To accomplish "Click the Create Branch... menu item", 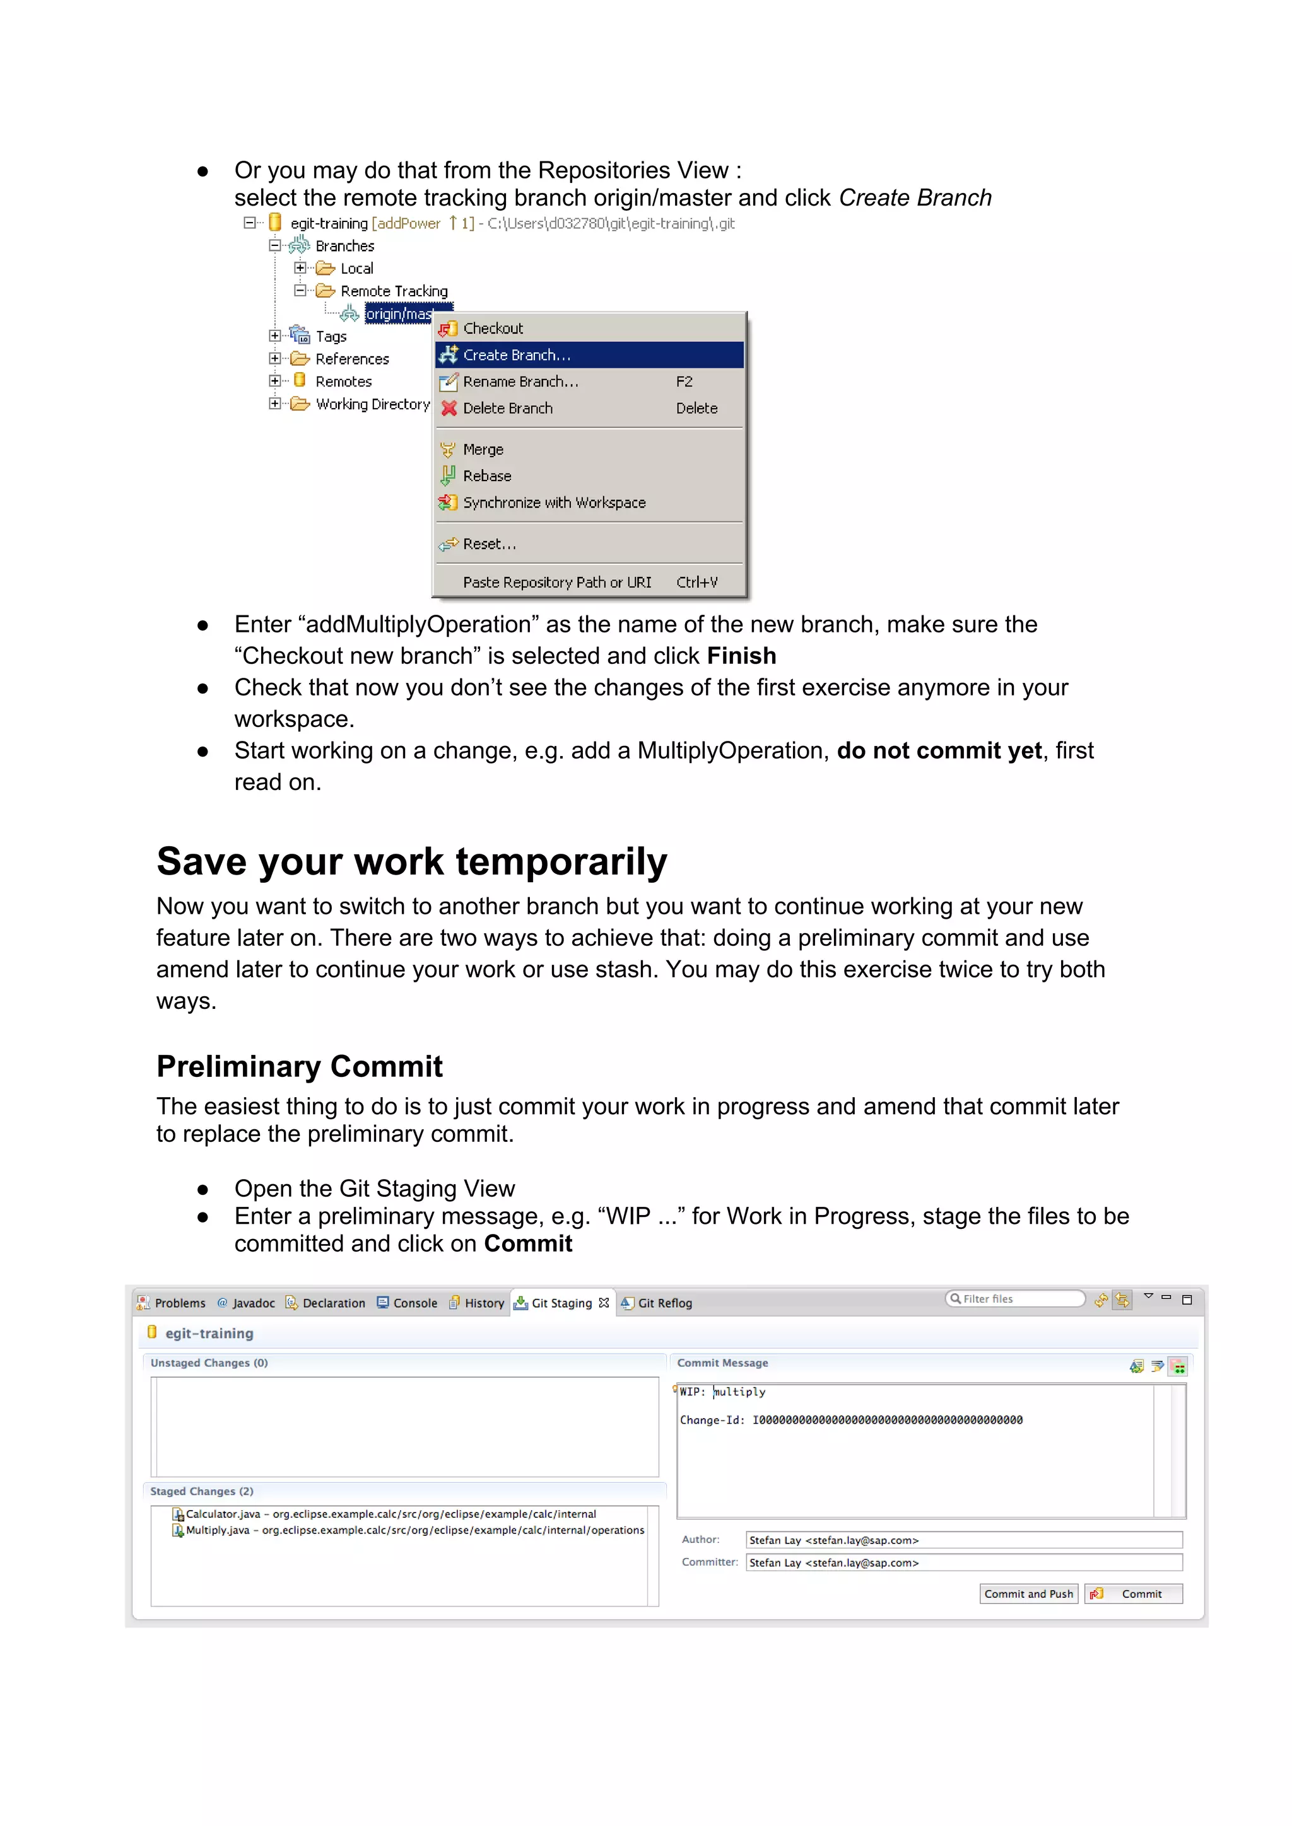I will tap(517, 355).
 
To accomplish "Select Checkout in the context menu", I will tap(493, 329).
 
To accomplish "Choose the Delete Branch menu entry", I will tap(508, 408).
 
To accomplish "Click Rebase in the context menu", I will tap(487, 475).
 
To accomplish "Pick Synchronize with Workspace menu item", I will tap(554, 503).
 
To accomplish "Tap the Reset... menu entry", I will tap(490, 544).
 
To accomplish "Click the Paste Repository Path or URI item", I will tap(557, 582).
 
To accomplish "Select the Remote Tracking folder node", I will tap(394, 291).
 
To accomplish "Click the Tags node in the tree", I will tap(331, 337).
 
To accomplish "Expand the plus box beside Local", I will tap(300, 268).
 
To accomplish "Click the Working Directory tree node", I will tap(372, 404).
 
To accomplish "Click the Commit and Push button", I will tap(1028, 1594).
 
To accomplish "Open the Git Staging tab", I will tap(561, 1303).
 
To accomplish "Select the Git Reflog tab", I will tap(664, 1303).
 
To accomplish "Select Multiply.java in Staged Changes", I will tap(217, 1530).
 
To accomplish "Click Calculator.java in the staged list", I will tap(223, 1515).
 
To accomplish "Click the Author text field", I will tap(963, 1540).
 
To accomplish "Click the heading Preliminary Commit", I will tap(299, 1066).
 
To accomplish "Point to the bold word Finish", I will tap(741, 656).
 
